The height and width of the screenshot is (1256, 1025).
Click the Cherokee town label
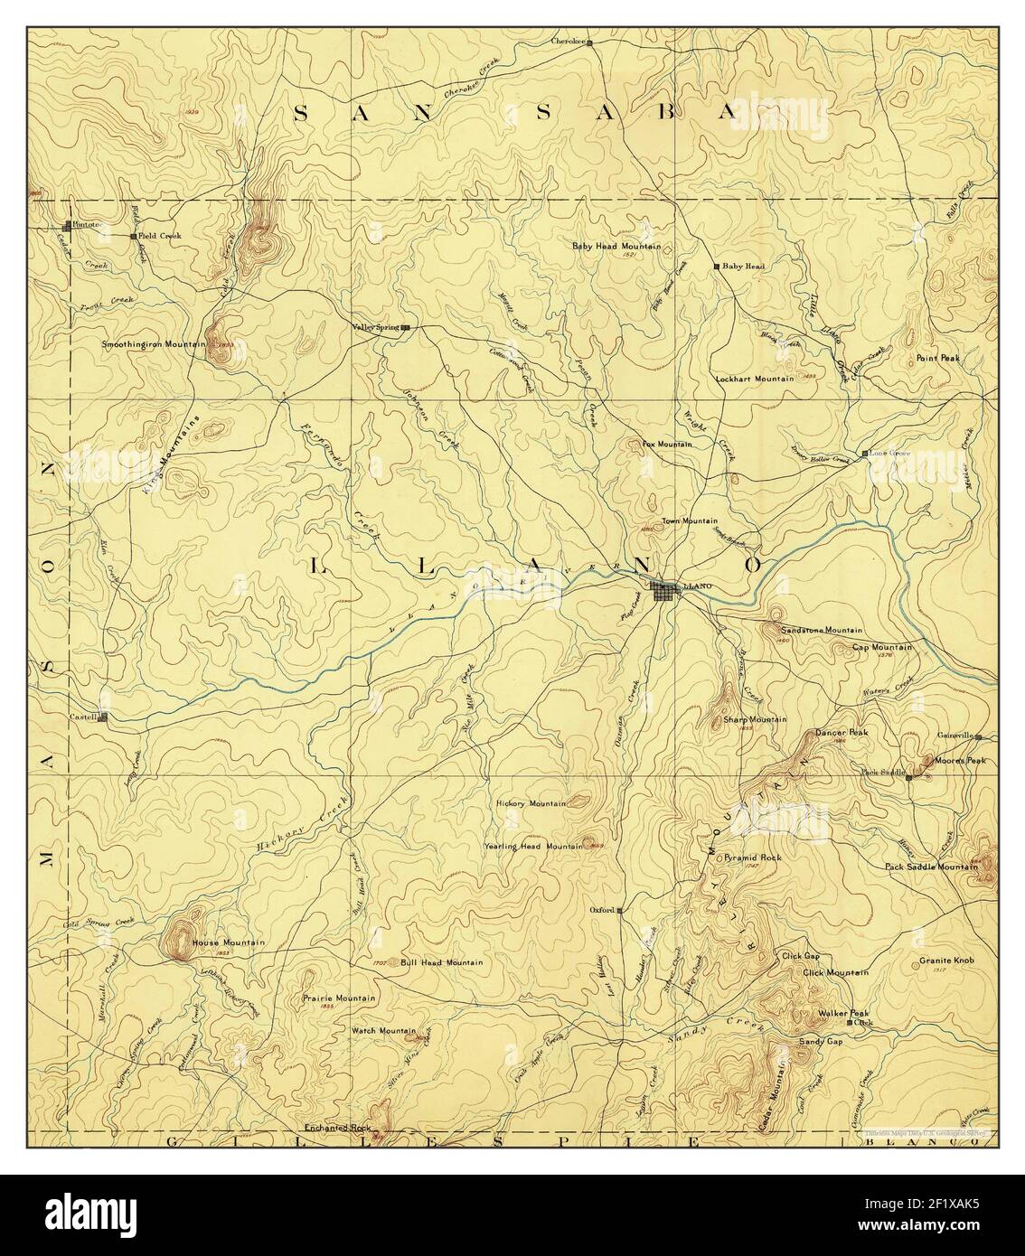click(569, 42)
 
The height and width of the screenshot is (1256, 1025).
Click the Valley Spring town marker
click(406, 328)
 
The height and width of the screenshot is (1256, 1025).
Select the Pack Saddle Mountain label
click(930, 867)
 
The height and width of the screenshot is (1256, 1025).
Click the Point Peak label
click(937, 358)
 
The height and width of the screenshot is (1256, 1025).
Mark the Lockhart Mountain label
click(754, 379)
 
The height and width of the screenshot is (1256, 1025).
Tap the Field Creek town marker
click(133, 237)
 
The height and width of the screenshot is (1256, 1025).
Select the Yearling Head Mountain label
click(539, 846)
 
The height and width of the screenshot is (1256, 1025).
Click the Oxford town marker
click(619, 911)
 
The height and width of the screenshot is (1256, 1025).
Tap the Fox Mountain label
click(667, 445)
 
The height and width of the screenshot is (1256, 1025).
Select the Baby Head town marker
click(716, 267)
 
